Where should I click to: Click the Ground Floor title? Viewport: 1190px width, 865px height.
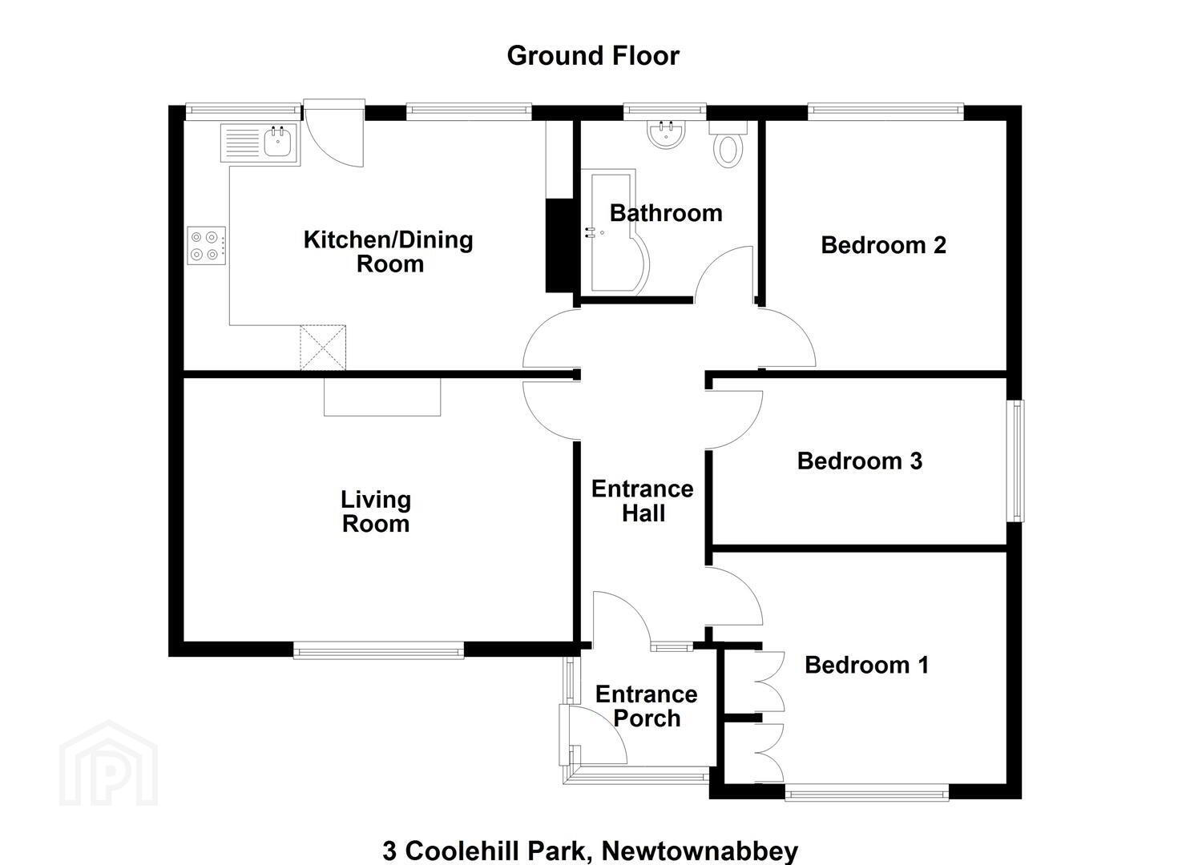point(593,56)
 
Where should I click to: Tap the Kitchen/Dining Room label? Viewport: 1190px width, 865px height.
point(389,251)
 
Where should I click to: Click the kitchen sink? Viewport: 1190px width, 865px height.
point(260,143)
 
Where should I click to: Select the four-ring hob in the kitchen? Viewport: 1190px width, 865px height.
point(206,245)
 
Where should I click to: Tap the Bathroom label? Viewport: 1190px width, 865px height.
point(666,214)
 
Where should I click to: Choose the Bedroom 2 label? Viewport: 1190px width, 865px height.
point(883,245)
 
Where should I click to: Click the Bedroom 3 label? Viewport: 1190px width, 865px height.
point(860,461)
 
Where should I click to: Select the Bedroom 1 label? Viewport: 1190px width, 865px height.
point(867,665)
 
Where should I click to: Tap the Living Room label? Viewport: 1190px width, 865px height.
point(376,511)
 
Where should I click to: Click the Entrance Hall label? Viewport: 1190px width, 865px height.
point(643,501)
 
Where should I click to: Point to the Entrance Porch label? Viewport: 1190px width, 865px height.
point(647,706)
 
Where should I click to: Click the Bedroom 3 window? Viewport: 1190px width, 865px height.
point(1015,461)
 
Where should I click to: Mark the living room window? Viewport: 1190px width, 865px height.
point(378,650)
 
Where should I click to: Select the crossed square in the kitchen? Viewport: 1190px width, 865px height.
point(323,348)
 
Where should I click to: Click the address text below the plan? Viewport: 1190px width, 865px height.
point(591,851)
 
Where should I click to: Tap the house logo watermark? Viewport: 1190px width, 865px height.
point(109,763)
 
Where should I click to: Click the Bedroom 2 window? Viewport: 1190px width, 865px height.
point(885,111)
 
